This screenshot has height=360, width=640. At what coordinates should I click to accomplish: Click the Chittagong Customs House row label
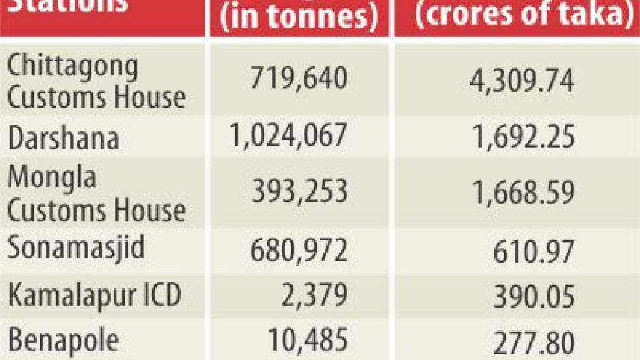click(96, 81)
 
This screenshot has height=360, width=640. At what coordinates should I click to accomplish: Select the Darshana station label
click(63, 138)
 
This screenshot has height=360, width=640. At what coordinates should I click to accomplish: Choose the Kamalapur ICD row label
click(94, 296)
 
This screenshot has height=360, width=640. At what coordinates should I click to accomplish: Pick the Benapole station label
click(63, 341)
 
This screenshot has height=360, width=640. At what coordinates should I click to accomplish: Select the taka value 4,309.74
click(517, 80)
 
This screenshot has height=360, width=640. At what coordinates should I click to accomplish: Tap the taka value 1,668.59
click(517, 193)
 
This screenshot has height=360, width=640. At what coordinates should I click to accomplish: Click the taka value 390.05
click(533, 297)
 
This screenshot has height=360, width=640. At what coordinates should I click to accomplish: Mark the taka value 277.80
click(533, 344)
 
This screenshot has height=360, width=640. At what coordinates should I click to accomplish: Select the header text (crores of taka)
click(516, 14)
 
